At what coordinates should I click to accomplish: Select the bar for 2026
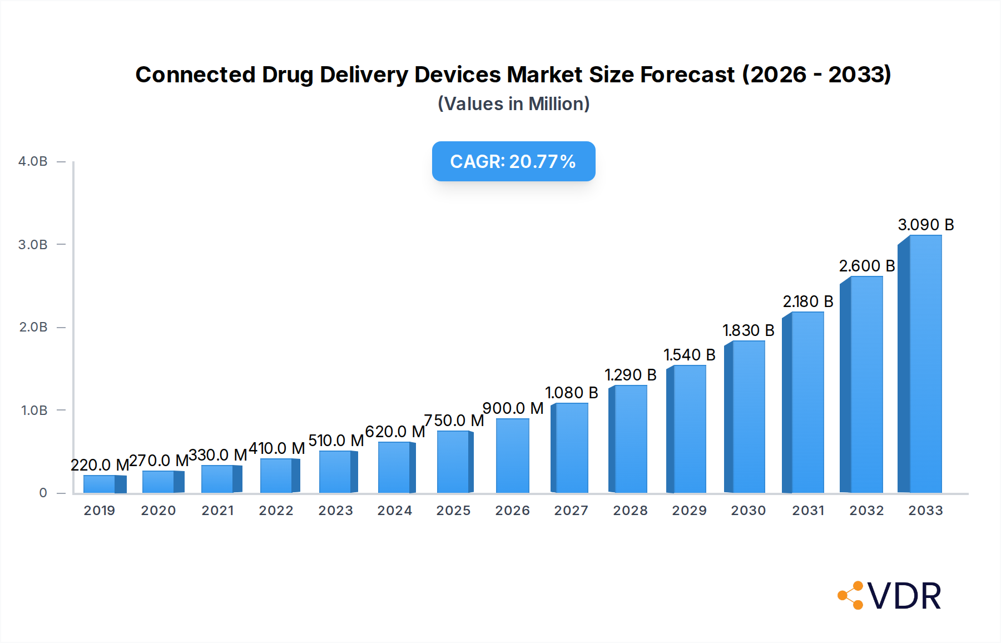pyautogui.click(x=512, y=456)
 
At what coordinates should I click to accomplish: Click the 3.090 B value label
pyautogui.click(x=925, y=225)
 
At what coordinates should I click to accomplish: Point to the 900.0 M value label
pyautogui.click(x=513, y=408)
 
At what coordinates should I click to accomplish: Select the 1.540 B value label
pyautogui.click(x=689, y=355)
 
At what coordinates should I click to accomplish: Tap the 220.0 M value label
pyautogui.click(x=100, y=465)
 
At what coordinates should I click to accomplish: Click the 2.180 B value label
pyautogui.click(x=807, y=301)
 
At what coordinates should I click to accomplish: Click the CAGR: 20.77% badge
pyautogui.click(x=513, y=161)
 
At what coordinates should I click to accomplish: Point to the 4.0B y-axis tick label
pyautogui.click(x=33, y=161)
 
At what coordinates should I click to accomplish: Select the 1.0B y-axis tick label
pyautogui.click(x=34, y=410)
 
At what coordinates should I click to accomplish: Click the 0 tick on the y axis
pyautogui.click(x=43, y=493)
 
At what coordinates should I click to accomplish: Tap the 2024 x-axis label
pyautogui.click(x=394, y=511)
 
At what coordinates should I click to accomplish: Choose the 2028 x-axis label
pyautogui.click(x=630, y=511)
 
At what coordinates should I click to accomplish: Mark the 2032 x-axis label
pyautogui.click(x=866, y=511)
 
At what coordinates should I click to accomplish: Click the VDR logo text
pyautogui.click(x=904, y=596)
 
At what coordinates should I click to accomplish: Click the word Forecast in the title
pyautogui.click(x=687, y=75)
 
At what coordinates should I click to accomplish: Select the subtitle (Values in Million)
pyautogui.click(x=513, y=104)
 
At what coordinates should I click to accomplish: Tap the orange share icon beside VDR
pyautogui.click(x=851, y=596)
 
